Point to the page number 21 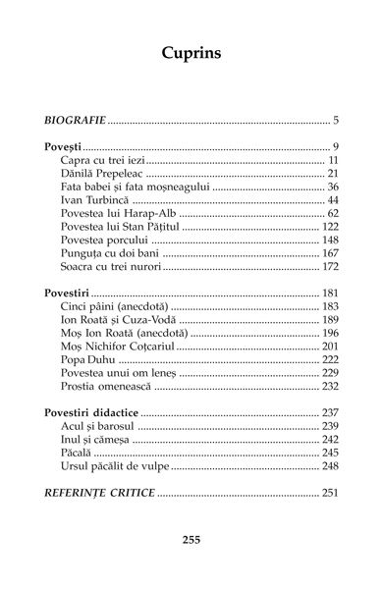coord(332,174)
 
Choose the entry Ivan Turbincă coord(94,200)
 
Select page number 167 coord(329,253)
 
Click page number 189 coord(329,320)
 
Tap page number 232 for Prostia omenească coord(329,387)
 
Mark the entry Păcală coord(79,454)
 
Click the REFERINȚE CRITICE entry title coord(100,493)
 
